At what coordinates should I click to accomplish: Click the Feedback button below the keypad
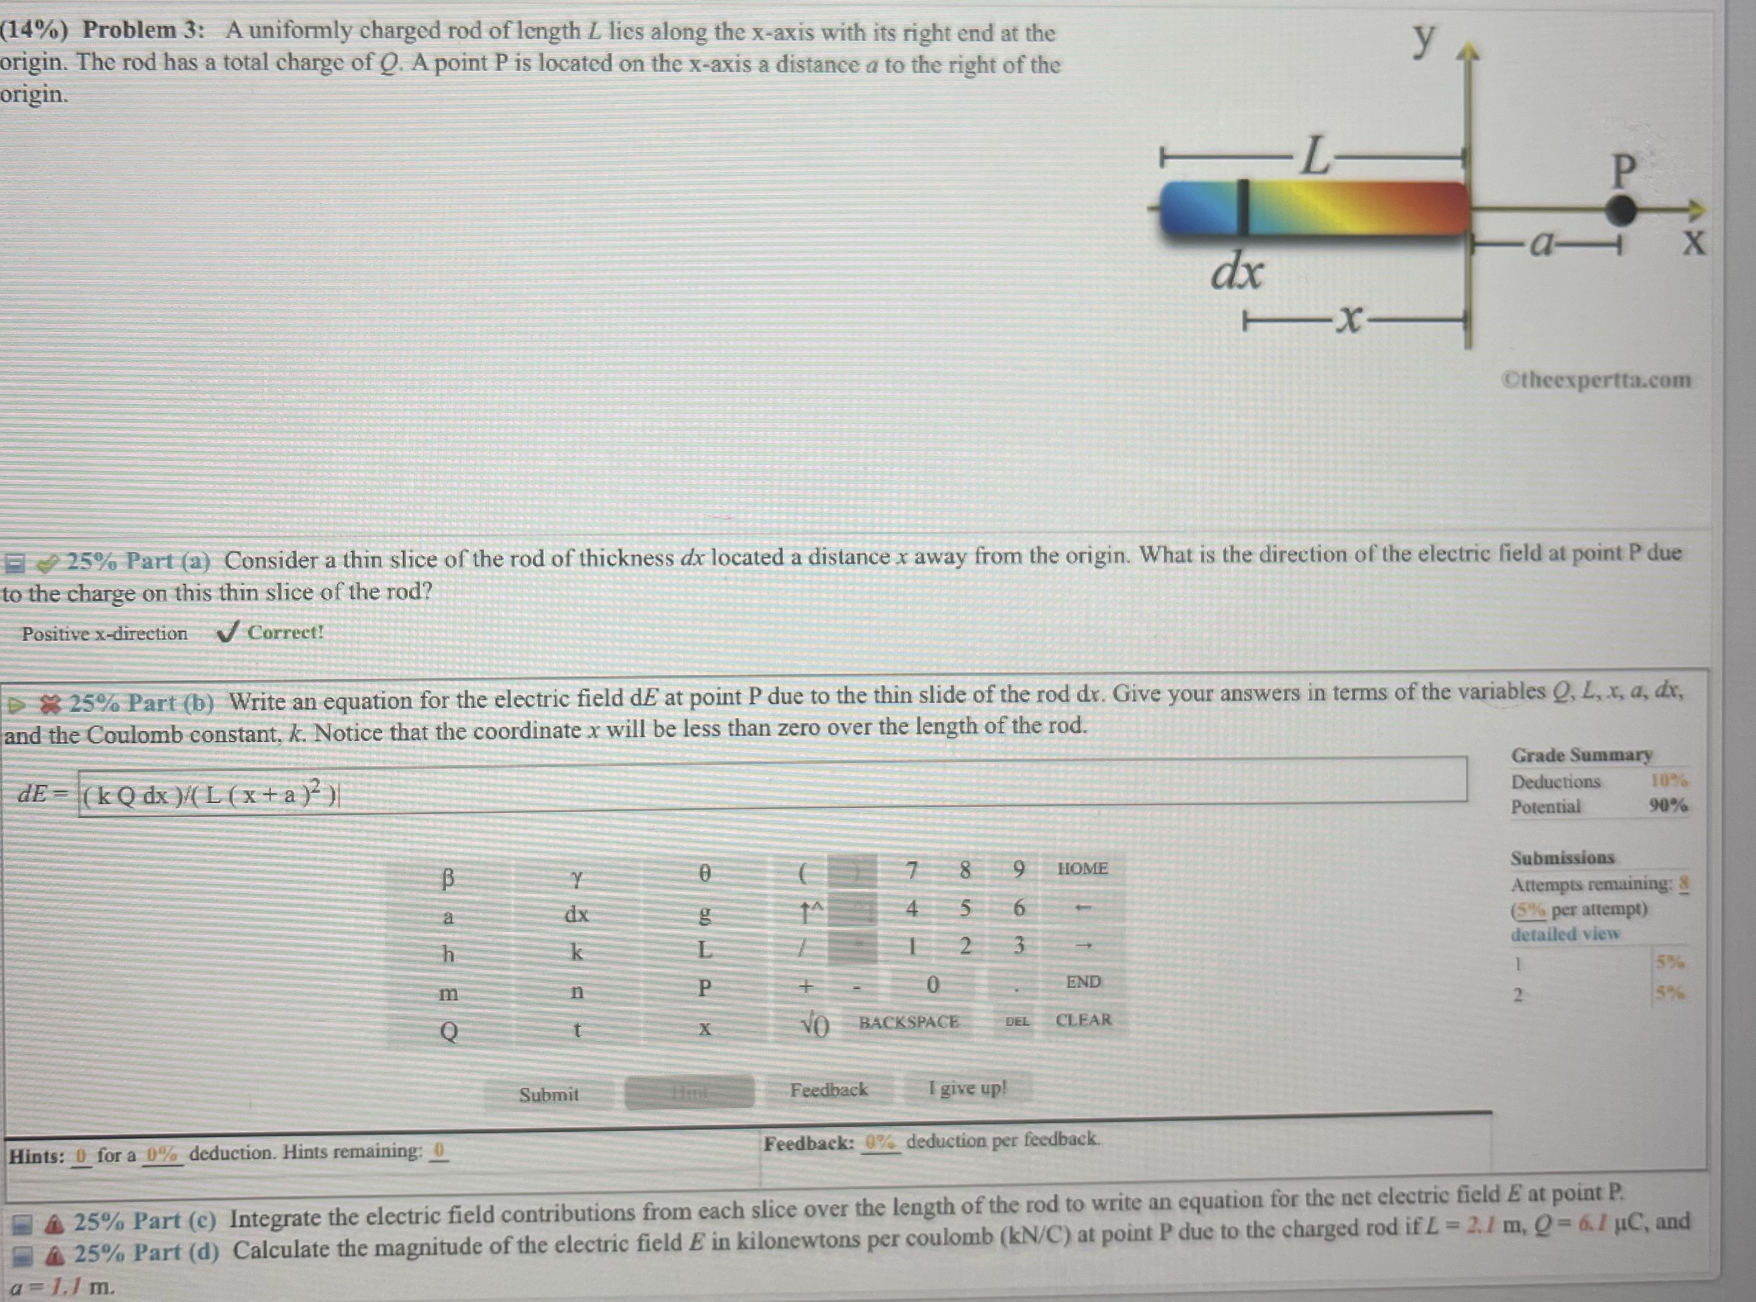click(828, 1090)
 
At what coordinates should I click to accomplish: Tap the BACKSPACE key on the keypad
click(908, 1022)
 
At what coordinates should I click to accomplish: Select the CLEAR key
click(1083, 1020)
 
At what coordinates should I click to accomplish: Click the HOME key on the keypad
click(1082, 868)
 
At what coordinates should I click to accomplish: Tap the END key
click(1083, 982)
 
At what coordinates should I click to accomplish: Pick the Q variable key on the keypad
click(448, 1031)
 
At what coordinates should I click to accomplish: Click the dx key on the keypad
click(576, 914)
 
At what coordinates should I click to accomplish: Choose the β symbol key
click(448, 877)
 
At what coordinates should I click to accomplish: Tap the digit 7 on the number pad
click(912, 870)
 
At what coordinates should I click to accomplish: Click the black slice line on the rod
click(1243, 207)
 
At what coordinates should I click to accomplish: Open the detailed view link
click(1565, 934)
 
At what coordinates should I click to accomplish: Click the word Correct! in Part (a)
click(286, 633)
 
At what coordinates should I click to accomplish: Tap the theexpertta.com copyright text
click(1598, 380)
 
